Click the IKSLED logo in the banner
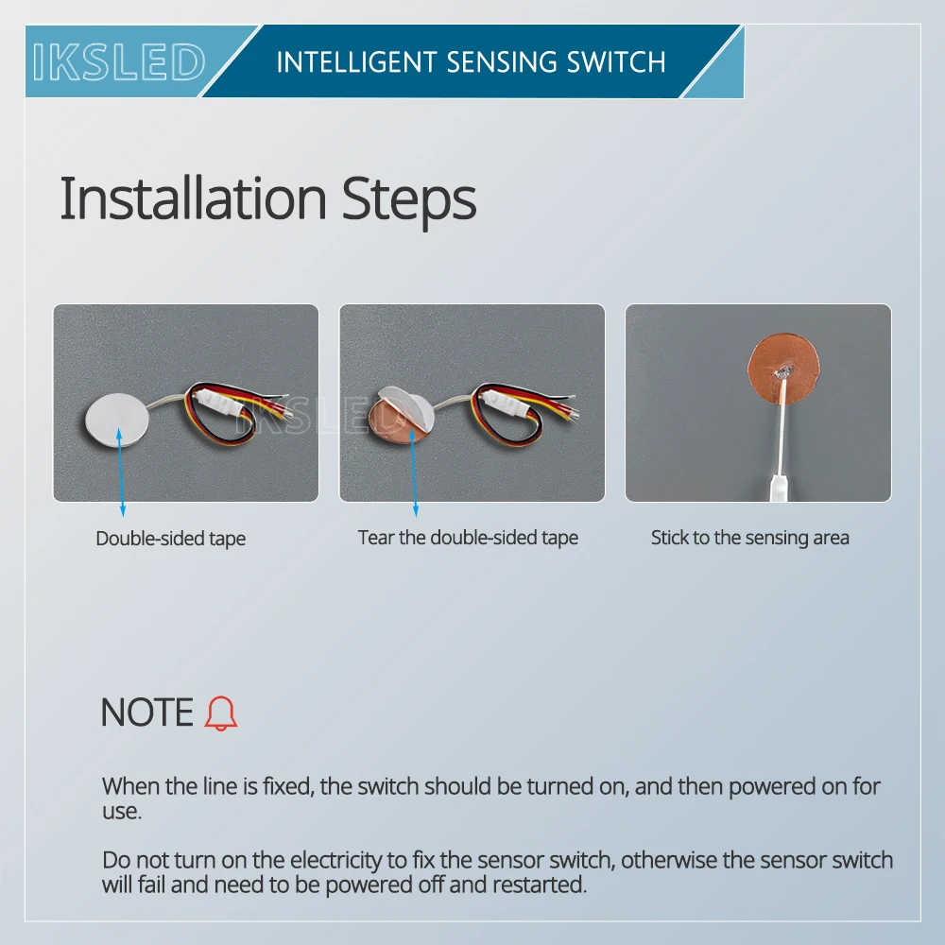pyautogui.click(x=119, y=61)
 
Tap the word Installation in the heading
pyautogui.click(x=193, y=198)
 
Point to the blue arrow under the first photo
pyautogui.click(x=121, y=472)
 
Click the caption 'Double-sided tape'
pyautogui.click(x=170, y=539)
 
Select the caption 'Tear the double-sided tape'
pyautogui.click(x=468, y=538)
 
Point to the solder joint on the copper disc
pyautogui.click(x=783, y=371)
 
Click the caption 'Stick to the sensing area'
pyautogui.click(x=749, y=538)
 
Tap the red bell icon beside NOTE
pyautogui.click(x=220, y=713)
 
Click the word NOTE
pyautogui.click(x=147, y=713)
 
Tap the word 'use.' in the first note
pyautogui.click(x=122, y=811)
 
